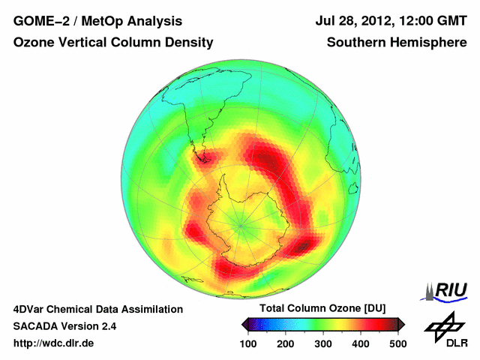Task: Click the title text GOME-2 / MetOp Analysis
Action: pyautogui.click(x=97, y=22)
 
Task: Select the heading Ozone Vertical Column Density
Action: pyautogui.click(x=113, y=43)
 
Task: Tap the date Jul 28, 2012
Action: pyautogui.click(x=352, y=22)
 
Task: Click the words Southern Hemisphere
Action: pyautogui.click(x=396, y=43)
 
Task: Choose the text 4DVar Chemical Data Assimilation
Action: pyautogui.click(x=98, y=309)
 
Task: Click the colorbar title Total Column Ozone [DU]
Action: pyautogui.click(x=322, y=309)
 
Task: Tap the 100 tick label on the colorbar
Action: pyautogui.click(x=248, y=343)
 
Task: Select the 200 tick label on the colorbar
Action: pyautogui.click(x=286, y=343)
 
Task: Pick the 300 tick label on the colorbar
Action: pyautogui.click(x=323, y=343)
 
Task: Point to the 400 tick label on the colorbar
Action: pyautogui.click(x=361, y=343)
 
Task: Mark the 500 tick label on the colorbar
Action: pyautogui.click(x=397, y=343)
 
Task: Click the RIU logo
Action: pyautogui.click(x=445, y=290)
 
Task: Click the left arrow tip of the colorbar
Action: pyautogui.click(x=244, y=325)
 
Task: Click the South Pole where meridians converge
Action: pyautogui.click(x=241, y=223)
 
